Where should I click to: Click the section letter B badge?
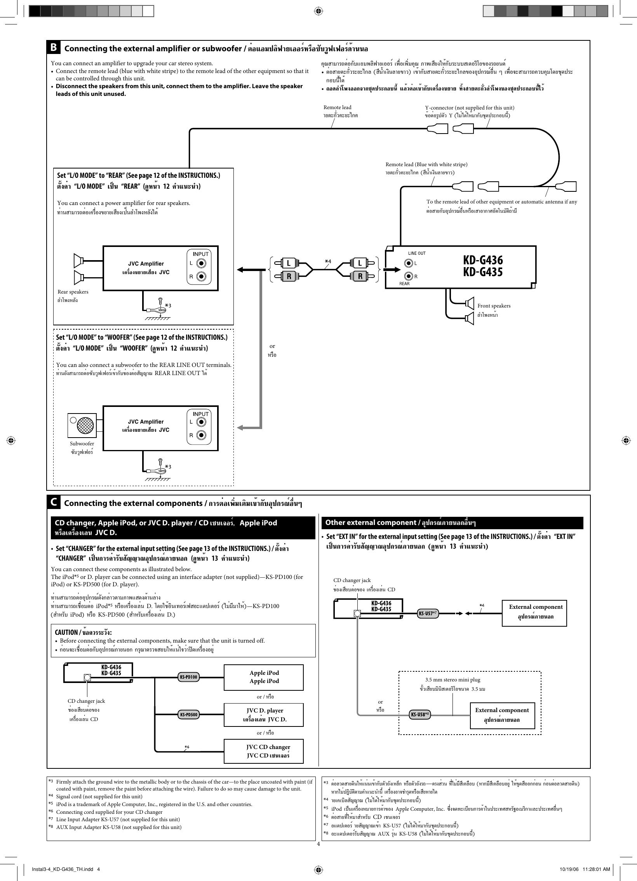click(54, 47)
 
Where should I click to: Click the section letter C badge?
click(54, 502)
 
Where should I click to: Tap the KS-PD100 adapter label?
click(188, 677)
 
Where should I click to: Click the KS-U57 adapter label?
click(428, 613)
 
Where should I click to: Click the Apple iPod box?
click(264, 677)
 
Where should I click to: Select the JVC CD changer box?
click(264, 751)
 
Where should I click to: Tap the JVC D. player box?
click(264, 714)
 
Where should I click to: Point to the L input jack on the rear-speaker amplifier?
click(201, 263)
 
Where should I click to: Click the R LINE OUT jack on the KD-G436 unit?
click(409, 276)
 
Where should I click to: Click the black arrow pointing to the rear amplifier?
click(247, 269)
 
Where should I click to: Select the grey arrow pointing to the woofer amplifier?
click(247, 427)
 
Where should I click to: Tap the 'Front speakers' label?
click(494, 306)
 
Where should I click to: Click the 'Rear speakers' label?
click(73, 292)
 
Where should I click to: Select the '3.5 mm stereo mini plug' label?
click(453, 679)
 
